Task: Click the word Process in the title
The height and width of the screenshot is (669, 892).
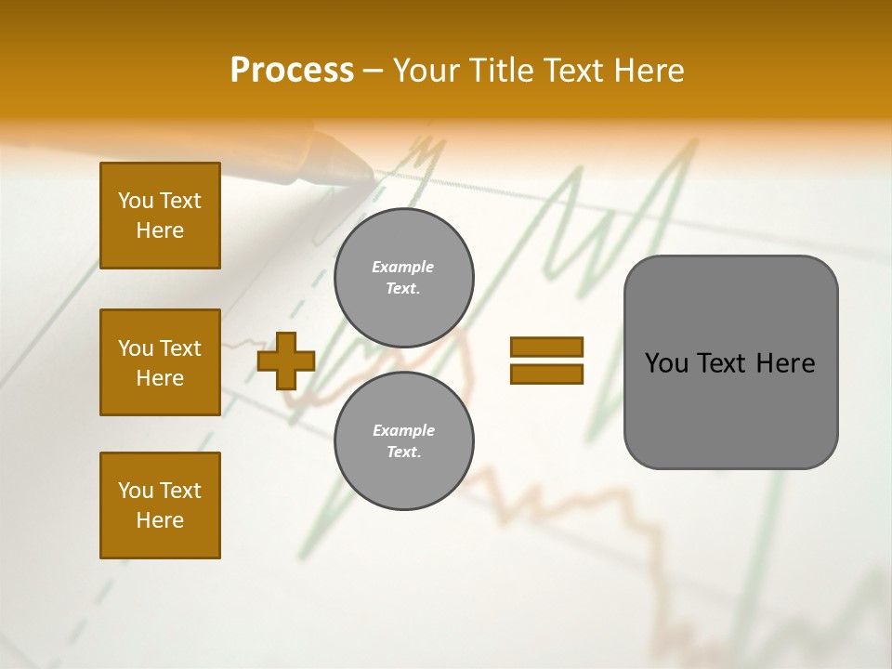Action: click(292, 71)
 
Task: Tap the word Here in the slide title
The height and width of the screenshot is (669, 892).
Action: click(644, 71)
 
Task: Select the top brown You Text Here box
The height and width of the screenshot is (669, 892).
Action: click(160, 216)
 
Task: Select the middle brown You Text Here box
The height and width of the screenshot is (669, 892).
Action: click(160, 362)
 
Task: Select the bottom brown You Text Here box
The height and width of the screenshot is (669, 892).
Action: click(160, 505)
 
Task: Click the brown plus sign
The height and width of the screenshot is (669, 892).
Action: click(286, 361)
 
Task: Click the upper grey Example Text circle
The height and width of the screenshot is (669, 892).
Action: click(403, 278)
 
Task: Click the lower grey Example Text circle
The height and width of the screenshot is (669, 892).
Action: click(403, 440)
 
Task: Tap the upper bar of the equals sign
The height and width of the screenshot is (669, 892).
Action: click(546, 347)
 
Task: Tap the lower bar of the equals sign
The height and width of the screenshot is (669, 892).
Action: click(546, 374)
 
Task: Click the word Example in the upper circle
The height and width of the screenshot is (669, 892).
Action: click(403, 267)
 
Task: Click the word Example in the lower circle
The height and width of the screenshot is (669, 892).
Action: click(403, 430)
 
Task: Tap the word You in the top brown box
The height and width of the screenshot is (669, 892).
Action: click(135, 201)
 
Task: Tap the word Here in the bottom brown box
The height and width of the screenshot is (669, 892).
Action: click(160, 520)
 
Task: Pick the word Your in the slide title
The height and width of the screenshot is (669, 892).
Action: click(426, 71)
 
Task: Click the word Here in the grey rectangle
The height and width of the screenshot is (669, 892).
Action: click(785, 363)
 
